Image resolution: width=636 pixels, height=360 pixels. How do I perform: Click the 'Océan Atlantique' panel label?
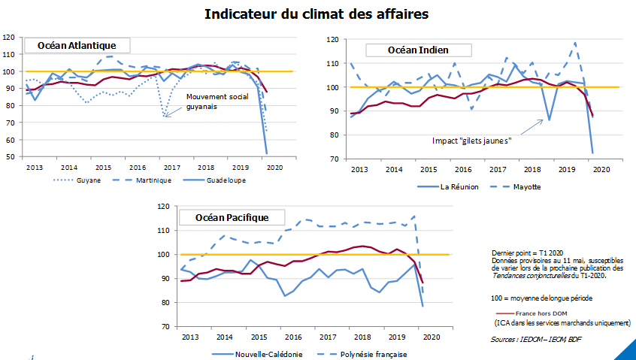pos(77,46)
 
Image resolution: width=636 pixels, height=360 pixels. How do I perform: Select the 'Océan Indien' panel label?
pos(418,50)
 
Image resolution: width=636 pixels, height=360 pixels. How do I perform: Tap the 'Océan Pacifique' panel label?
pos(232,218)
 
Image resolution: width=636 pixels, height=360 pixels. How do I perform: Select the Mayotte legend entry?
pos(538,186)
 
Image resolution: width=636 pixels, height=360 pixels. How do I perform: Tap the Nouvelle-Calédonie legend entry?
pos(268,354)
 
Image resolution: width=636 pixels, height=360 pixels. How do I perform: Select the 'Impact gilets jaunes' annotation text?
pos(472,141)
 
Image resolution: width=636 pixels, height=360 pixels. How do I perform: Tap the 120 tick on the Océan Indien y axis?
pos(332,39)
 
